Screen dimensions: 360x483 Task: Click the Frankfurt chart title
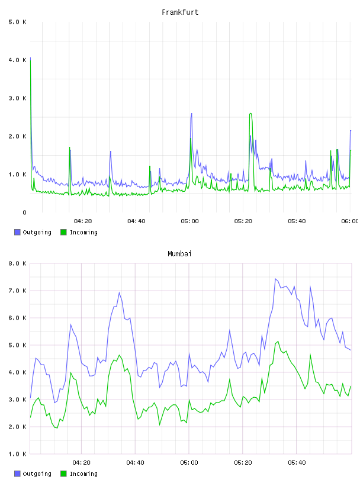click(180, 12)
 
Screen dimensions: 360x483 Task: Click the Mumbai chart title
click(179, 253)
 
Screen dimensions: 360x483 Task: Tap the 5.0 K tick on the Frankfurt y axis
click(17, 22)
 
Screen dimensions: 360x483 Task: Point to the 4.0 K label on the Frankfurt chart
click(17, 60)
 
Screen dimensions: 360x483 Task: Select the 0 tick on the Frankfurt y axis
click(24, 212)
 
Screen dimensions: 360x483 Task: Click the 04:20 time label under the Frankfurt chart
click(83, 221)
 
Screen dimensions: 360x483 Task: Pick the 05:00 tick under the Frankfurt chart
click(189, 221)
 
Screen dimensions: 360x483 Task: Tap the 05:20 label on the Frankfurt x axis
click(243, 221)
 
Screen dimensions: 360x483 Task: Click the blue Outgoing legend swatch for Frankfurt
click(17, 232)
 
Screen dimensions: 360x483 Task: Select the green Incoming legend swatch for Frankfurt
click(63, 232)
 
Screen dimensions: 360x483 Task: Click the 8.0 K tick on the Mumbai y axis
click(17, 263)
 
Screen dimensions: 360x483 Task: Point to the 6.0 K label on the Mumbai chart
click(17, 318)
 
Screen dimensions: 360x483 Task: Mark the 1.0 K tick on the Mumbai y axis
click(17, 454)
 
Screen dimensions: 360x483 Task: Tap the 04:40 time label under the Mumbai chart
click(136, 462)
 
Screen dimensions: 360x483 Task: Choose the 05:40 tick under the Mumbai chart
click(297, 462)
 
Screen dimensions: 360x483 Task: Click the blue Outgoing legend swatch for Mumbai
click(17, 474)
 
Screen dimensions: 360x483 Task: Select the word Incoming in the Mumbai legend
click(83, 474)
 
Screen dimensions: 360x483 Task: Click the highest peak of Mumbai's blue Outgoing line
click(275, 279)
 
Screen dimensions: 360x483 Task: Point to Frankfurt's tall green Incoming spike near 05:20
click(250, 114)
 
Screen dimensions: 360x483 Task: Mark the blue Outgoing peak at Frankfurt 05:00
click(191, 114)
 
